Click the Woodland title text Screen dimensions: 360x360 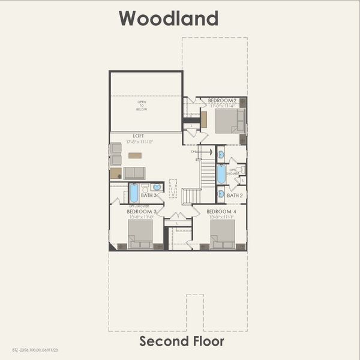pyautogui.click(x=168, y=18)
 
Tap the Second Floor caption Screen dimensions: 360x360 pyautogui.click(x=182, y=341)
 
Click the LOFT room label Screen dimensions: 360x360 pyautogui.click(x=139, y=136)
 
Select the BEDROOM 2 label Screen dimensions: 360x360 pyautogui.click(x=222, y=100)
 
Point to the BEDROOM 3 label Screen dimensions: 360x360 pyautogui.click(x=142, y=212)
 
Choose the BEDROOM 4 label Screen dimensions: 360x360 pyautogui.click(x=221, y=212)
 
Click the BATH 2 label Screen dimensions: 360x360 pyautogui.click(x=235, y=196)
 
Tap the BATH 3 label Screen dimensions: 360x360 pyautogui.click(x=149, y=196)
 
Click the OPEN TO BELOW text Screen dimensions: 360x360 pyautogui.click(x=142, y=106)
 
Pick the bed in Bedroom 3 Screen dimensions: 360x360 pyautogui.click(x=140, y=233)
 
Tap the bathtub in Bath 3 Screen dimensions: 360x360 pyautogui.click(x=134, y=193)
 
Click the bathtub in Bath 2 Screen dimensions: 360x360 pyautogui.click(x=221, y=174)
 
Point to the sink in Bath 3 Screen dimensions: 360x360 pyautogui.click(x=157, y=187)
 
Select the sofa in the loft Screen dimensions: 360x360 pyautogui.click(x=134, y=173)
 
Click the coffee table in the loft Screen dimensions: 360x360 pyautogui.click(x=135, y=155)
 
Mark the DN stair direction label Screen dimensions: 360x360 pyautogui.click(x=193, y=151)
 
